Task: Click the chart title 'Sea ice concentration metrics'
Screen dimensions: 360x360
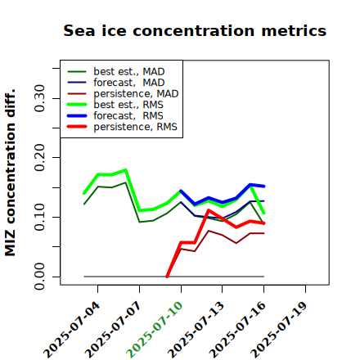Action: (195, 31)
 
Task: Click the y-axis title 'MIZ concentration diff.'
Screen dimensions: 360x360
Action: (10, 173)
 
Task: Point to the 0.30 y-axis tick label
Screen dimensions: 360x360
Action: (40, 98)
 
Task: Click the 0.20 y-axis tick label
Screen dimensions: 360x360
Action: (40, 157)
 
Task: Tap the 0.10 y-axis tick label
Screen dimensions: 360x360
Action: (40, 217)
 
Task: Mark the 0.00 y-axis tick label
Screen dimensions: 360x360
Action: (40, 277)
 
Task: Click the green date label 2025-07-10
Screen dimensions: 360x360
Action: (155, 330)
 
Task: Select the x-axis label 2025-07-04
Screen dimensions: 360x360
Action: (71, 330)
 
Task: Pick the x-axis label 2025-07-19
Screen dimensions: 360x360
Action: (279, 330)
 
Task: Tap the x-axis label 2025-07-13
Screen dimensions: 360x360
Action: (196, 330)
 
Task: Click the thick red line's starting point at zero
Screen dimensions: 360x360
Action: (167, 277)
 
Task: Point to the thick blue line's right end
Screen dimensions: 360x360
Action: (264, 187)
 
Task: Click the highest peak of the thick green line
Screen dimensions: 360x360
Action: (126, 170)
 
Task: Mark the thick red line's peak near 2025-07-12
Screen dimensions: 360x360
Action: (209, 210)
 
